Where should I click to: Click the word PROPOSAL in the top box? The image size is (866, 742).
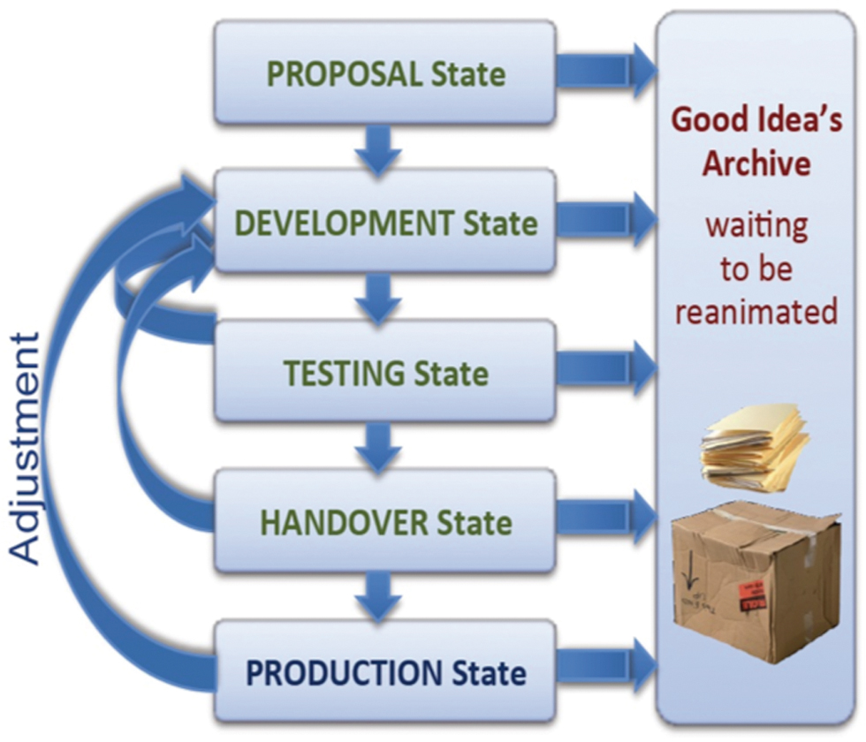344,74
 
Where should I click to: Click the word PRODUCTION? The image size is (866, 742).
344,673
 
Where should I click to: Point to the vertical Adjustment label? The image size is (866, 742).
27,449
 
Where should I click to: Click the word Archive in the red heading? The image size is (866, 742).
756,164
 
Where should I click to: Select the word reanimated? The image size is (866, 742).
756,311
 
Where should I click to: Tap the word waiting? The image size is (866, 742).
756,226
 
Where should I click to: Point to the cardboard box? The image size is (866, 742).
756,583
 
